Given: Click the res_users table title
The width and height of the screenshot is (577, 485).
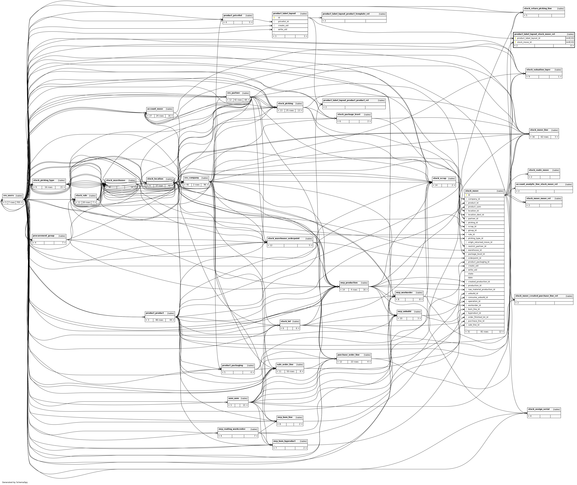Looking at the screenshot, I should (x=8, y=195).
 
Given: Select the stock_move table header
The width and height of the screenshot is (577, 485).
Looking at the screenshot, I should (x=472, y=191).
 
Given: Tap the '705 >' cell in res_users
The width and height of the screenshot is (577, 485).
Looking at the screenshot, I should (x=19, y=202).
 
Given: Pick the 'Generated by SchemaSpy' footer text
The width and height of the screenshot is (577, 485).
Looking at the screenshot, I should (x=15, y=482).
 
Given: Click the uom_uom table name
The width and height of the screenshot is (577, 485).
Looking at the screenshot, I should (x=233, y=398).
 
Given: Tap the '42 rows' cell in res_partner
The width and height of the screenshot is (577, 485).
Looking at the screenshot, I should (x=238, y=100).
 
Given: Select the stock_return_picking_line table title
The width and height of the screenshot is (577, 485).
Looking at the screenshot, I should (x=538, y=8).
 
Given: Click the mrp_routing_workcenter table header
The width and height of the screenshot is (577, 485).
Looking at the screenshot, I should (x=232, y=429).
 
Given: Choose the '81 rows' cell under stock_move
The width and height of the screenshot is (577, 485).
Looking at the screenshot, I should (x=484, y=332).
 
